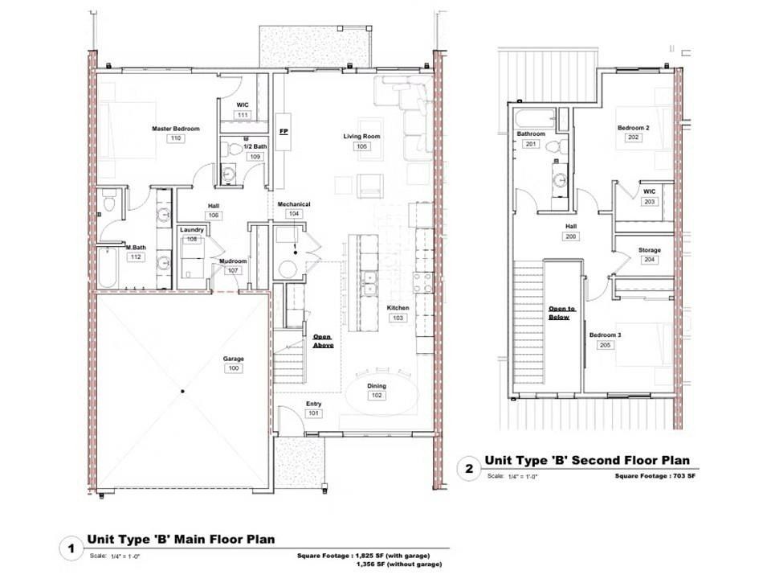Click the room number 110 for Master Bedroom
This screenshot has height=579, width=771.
click(x=176, y=138)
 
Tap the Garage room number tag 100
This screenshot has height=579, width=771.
click(x=234, y=368)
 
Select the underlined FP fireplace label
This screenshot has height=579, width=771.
click(x=283, y=130)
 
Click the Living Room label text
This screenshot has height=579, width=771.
click(x=361, y=137)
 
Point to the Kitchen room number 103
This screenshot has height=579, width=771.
click(x=398, y=318)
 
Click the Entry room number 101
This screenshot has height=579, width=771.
click(x=313, y=413)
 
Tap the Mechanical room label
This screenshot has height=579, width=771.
click(x=294, y=204)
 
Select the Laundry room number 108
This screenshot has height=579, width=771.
click(x=192, y=239)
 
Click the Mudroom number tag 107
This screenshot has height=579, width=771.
click(x=233, y=271)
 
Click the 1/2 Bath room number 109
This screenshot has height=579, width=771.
click(x=255, y=156)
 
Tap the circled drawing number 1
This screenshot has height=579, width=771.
click(x=71, y=550)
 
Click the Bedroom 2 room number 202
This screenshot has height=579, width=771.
click(x=633, y=138)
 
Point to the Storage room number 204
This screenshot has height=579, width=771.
click(x=649, y=261)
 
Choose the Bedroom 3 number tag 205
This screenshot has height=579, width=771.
click(x=606, y=345)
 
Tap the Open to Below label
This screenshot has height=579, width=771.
click(x=559, y=313)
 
